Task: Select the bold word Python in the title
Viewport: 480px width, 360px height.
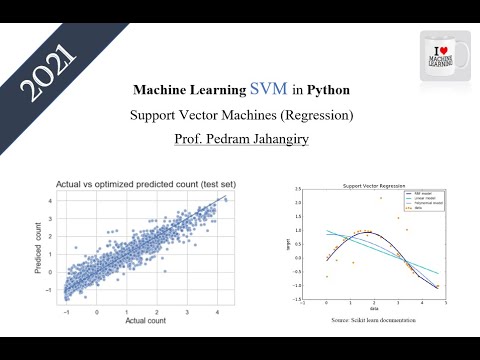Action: (x=328, y=89)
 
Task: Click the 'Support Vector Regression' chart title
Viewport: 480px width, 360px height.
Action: (x=370, y=187)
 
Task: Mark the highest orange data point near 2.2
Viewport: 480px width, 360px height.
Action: (x=381, y=198)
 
